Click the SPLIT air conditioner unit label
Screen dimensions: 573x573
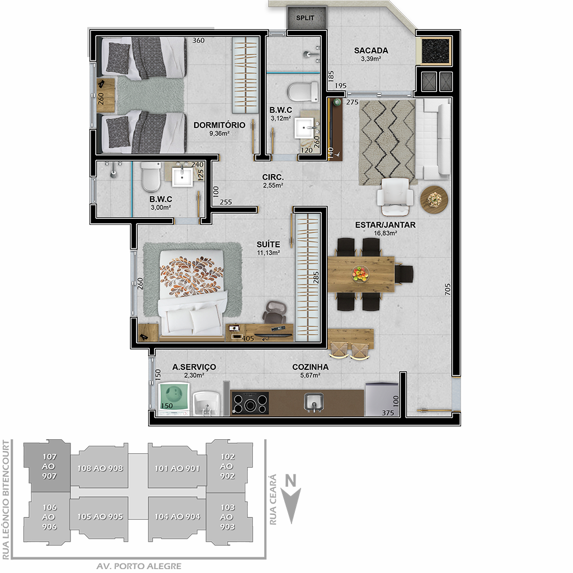point(305,18)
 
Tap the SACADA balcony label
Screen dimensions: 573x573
point(371,50)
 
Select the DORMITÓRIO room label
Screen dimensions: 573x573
point(219,125)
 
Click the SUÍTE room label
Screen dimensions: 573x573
point(268,244)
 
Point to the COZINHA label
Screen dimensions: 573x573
point(310,367)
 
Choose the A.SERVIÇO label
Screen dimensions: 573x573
point(194,367)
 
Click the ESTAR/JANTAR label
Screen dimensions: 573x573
point(386,225)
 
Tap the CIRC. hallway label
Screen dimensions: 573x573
point(273,177)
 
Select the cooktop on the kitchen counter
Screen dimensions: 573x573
point(250,403)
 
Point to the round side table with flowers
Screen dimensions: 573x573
point(434,200)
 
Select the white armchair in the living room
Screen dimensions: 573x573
point(395,196)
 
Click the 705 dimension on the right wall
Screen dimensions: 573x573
point(448,289)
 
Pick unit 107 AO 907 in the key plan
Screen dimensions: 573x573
point(49,466)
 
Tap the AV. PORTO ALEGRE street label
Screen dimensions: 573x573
point(139,566)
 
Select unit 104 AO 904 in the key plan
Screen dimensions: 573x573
point(177,516)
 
